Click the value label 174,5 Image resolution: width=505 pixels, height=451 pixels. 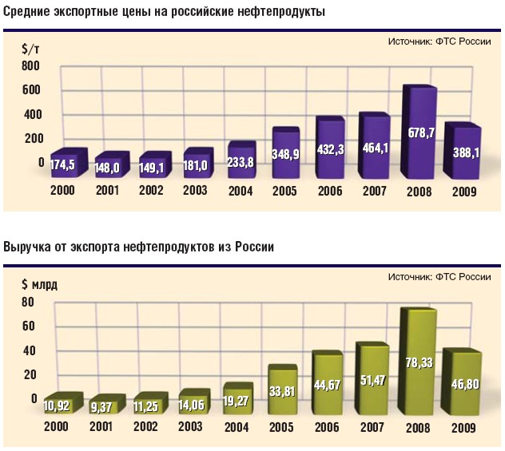(x=67, y=165)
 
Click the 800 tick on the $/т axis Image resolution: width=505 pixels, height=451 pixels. (x=32, y=66)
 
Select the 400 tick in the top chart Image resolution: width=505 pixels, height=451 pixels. (x=32, y=114)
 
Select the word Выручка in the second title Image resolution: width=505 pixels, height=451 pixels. (x=31, y=247)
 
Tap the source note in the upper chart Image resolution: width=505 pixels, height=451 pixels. (x=439, y=42)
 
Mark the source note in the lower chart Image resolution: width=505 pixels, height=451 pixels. (x=439, y=277)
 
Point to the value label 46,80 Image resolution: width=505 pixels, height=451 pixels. (x=461, y=384)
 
